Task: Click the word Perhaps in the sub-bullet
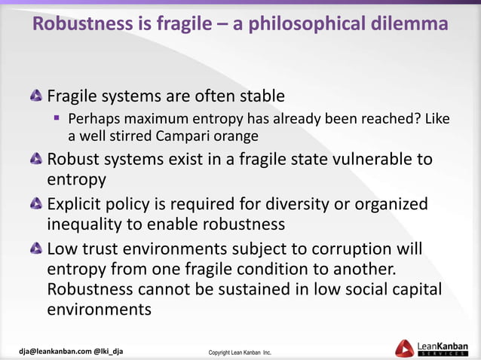(x=93, y=119)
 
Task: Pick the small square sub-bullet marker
(x=56, y=118)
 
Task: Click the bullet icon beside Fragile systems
(x=36, y=97)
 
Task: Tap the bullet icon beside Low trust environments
(x=36, y=249)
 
